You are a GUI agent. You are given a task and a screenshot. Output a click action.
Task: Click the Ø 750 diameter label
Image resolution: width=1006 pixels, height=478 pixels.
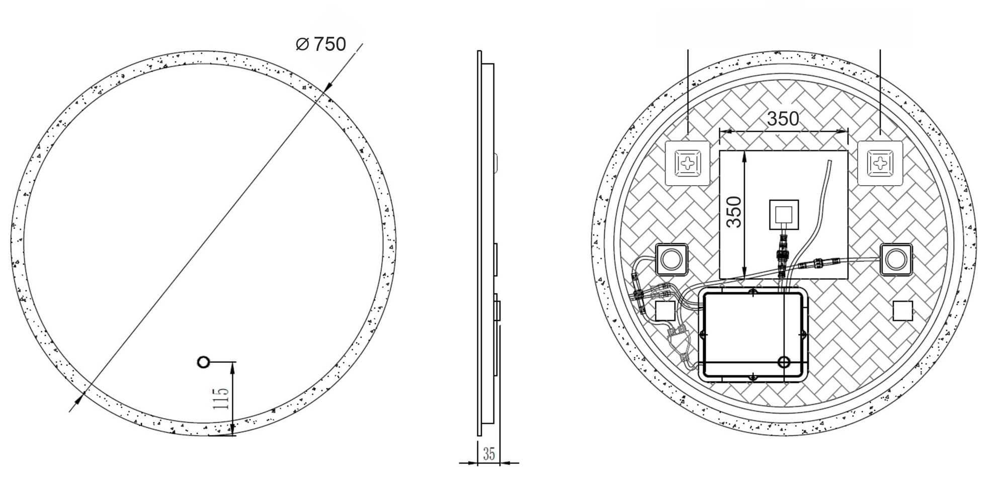coord(321,44)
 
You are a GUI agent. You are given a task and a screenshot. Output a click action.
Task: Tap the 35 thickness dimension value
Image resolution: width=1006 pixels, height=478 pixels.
coord(489,454)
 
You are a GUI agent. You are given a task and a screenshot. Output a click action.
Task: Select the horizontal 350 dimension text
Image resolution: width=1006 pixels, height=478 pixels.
coord(783,119)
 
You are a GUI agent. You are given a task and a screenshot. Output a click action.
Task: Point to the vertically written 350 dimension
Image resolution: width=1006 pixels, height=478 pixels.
coord(734,212)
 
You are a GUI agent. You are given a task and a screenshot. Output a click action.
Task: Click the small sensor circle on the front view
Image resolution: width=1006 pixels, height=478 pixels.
coord(203,362)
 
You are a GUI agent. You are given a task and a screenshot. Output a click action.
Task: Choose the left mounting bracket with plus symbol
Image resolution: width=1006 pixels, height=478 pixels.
coord(688,163)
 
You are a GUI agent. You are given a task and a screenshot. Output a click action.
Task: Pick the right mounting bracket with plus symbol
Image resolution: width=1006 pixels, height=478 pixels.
coord(880,163)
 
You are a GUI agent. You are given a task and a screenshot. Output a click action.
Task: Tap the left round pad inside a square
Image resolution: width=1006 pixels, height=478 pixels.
coord(672,260)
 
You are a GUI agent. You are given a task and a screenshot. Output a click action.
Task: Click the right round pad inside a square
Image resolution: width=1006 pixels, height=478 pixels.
coord(896,260)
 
